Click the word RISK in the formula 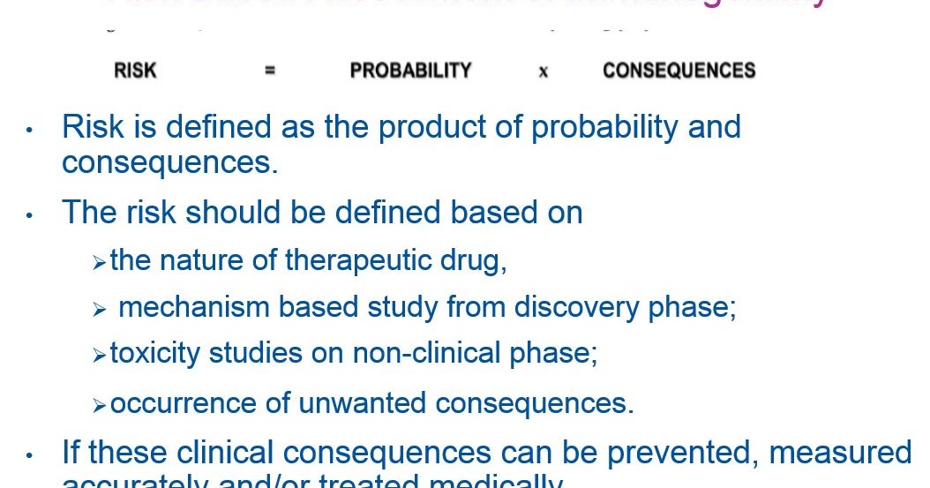click(x=135, y=71)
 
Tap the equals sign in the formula click(x=270, y=71)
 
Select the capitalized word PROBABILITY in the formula click(x=410, y=71)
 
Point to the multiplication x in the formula click(x=543, y=72)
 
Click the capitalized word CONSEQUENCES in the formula click(x=679, y=71)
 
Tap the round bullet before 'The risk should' click(x=29, y=215)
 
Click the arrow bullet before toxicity click(x=99, y=356)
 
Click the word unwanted click(x=363, y=403)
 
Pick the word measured click(x=840, y=453)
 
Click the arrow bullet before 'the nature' click(x=99, y=263)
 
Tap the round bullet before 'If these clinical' click(x=29, y=456)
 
